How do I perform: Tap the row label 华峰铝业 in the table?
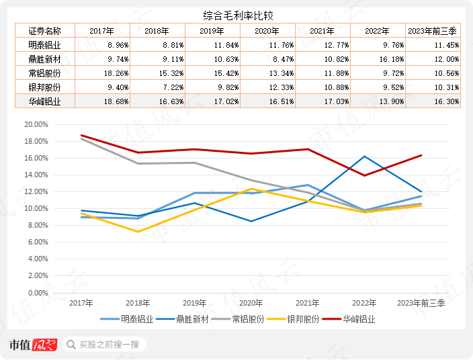pyautogui.click(x=44, y=101)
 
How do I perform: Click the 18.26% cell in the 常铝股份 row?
pyautogui.click(x=99, y=73)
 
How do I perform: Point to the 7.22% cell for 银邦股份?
pyautogui.click(x=155, y=87)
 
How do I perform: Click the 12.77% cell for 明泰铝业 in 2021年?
pyautogui.click(x=322, y=45)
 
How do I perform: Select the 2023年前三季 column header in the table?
pyautogui.click(x=434, y=31)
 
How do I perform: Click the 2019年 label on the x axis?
pyautogui.click(x=195, y=304)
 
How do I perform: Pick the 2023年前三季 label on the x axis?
pyautogui.click(x=422, y=304)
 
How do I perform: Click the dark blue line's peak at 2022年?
pyautogui.click(x=365, y=156)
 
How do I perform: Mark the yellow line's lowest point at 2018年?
pyautogui.click(x=138, y=232)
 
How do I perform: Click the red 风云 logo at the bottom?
pyautogui.click(x=46, y=345)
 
